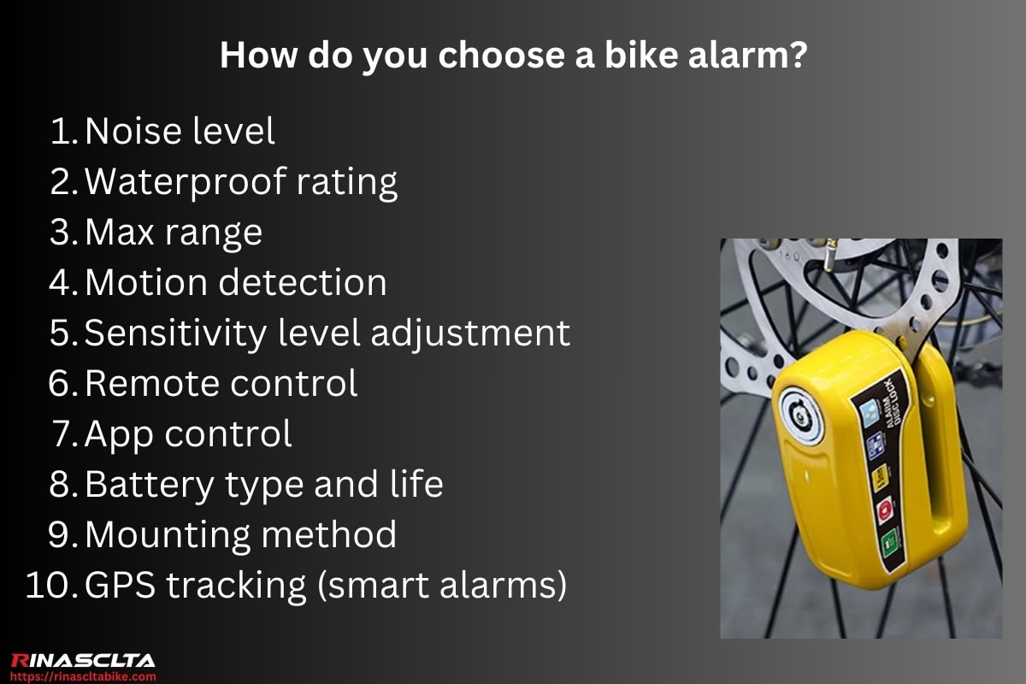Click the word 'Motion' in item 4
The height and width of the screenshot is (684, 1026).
(144, 283)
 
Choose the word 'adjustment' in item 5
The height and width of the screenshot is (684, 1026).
(470, 333)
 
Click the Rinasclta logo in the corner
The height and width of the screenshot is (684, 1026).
(83, 660)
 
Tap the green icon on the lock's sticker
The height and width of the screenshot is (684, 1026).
(889, 541)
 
